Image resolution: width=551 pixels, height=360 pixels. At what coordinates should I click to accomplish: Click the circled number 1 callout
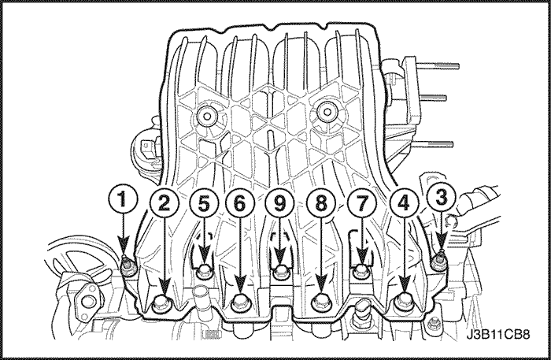coord(122,200)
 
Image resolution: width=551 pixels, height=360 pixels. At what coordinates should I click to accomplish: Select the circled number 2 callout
coord(164,204)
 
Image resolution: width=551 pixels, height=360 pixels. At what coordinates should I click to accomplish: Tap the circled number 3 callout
coord(441,198)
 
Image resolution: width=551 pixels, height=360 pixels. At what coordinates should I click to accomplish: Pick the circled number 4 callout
coord(404,204)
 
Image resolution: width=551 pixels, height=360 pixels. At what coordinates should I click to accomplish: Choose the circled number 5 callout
coord(204,204)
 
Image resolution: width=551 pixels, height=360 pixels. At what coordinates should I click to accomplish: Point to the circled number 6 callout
coord(239,204)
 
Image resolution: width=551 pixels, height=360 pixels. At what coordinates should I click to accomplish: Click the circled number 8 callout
coord(321,204)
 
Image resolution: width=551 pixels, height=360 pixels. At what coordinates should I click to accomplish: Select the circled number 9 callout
coord(279,204)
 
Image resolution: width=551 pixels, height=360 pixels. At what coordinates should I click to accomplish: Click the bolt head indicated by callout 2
coord(162,303)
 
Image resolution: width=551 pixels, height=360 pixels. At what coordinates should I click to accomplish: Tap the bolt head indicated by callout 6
coord(241,304)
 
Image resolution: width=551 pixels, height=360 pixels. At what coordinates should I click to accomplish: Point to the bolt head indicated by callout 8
coord(321,304)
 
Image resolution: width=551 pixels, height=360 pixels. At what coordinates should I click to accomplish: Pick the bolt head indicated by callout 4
coord(403,303)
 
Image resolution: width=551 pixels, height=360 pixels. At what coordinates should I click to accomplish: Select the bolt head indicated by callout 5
coord(205,272)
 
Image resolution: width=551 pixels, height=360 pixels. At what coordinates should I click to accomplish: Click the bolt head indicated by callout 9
coord(280,272)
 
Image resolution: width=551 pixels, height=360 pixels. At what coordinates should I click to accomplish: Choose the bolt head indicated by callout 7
coord(360,272)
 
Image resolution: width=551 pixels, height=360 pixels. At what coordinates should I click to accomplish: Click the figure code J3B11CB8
coord(498,334)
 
